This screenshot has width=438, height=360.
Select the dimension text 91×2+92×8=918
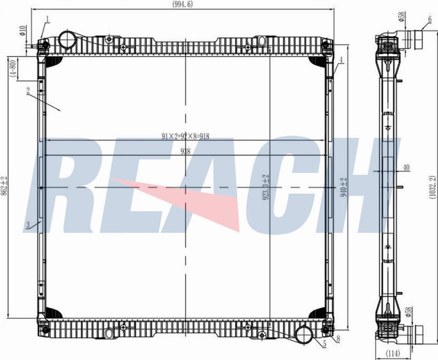point(185,136)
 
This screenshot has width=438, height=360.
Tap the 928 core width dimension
point(185,151)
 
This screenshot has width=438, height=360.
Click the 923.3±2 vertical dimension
point(266,188)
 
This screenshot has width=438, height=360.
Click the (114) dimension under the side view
point(392,354)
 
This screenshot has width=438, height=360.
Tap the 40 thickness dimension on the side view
point(406,168)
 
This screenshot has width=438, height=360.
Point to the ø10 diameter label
point(22,32)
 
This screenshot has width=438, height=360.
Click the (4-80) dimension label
point(15,68)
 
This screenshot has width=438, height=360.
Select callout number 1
point(47,19)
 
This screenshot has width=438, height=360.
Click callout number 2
point(29,91)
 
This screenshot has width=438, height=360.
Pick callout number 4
point(341,60)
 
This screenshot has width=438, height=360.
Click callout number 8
point(338,339)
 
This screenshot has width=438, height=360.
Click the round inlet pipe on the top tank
point(67,39)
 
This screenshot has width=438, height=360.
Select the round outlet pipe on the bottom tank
point(304,335)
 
